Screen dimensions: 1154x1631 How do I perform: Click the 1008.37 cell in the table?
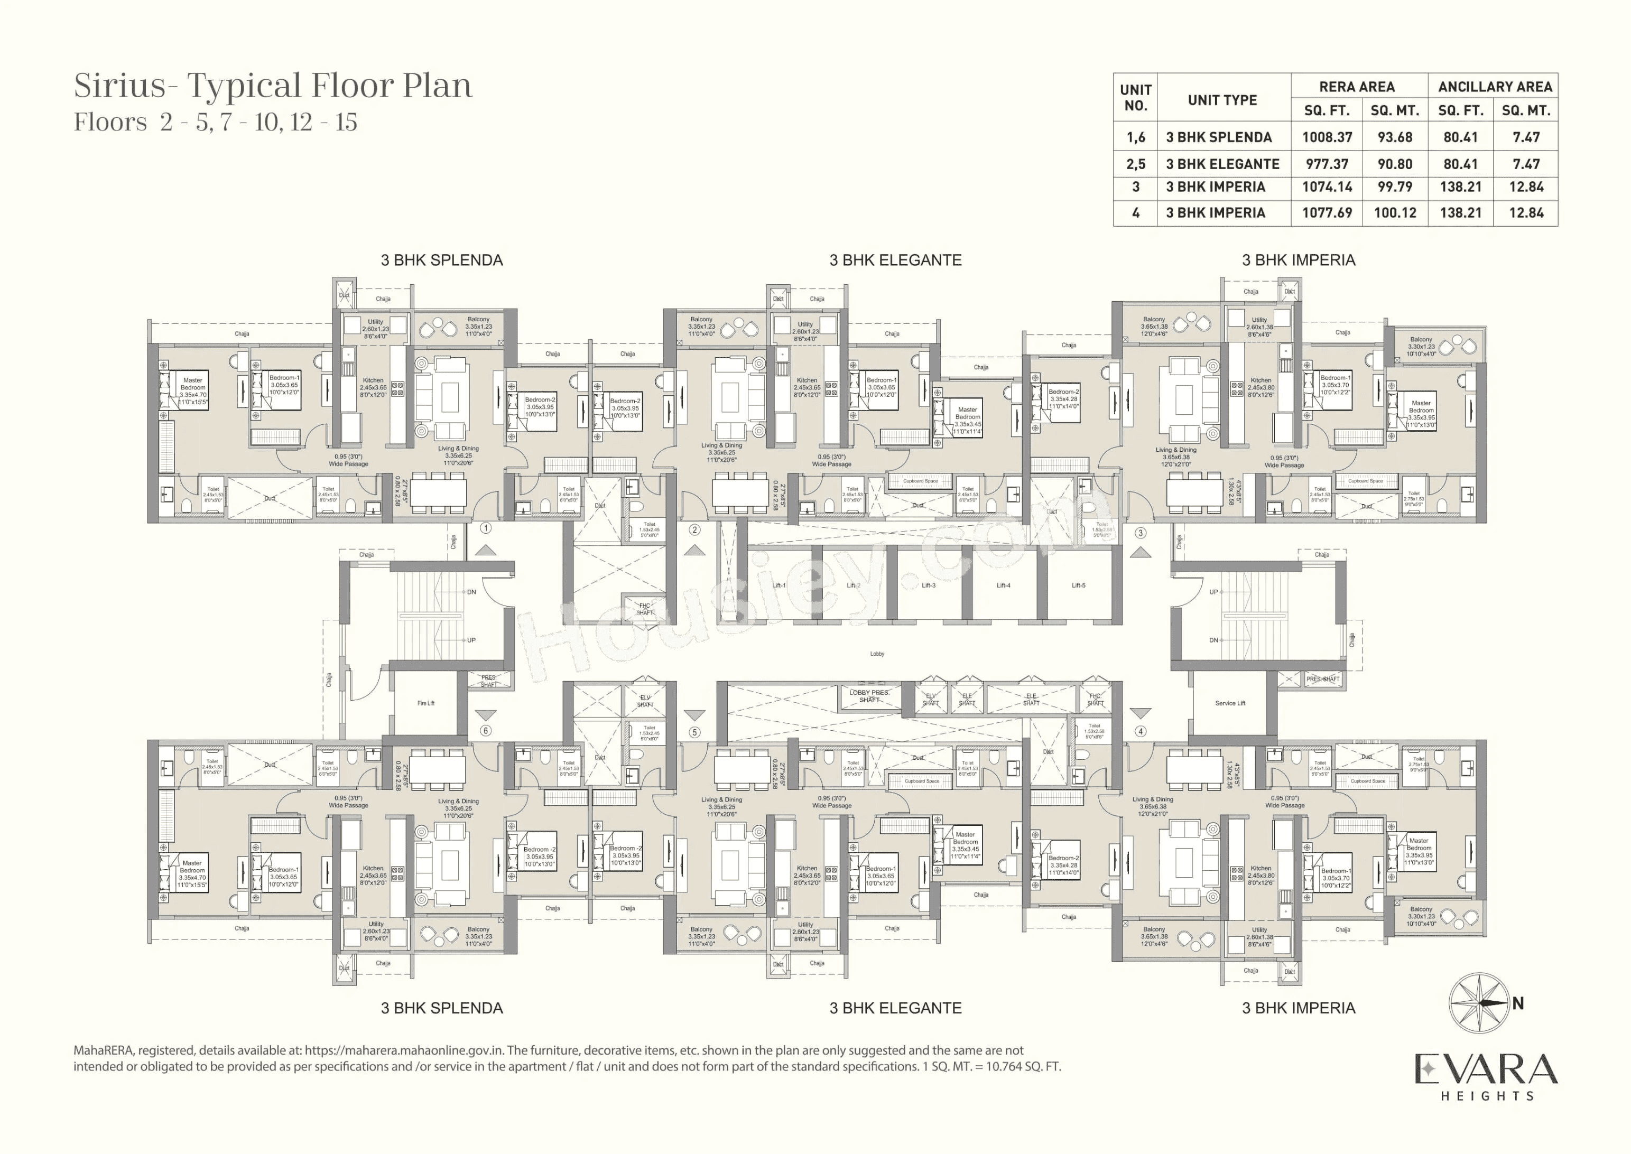pyautogui.click(x=1326, y=137)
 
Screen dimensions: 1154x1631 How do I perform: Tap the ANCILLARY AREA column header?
pyautogui.click(x=1495, y=87)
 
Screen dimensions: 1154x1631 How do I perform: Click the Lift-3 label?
pyautogui.click(x=928, y=585)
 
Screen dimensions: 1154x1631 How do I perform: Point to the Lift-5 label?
pyautogui.click(x=1078, y=585)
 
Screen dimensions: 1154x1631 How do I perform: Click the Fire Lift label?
pyautogui.click(x=425, y=703)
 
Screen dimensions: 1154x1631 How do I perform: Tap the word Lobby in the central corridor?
pyautogui.click(x=877, y=654)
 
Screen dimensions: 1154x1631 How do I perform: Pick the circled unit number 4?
pyautogui.click(x=1140, y=731)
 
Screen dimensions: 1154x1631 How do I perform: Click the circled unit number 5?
pyautogui.click(x=694, y=732)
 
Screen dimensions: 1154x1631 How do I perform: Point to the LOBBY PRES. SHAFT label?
pyautogui.click(x=869, y=696)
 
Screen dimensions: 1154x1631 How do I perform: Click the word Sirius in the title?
pyautogui.click(x=119, y=86)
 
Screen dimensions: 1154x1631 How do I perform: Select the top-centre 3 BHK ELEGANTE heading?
pyautogui.click(x=895, y=260)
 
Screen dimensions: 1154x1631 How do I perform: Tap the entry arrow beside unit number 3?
pyautogui.click(x=1140, y=552)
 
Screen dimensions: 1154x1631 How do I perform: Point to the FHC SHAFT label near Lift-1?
pyautogui.click(x=644, y=609)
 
